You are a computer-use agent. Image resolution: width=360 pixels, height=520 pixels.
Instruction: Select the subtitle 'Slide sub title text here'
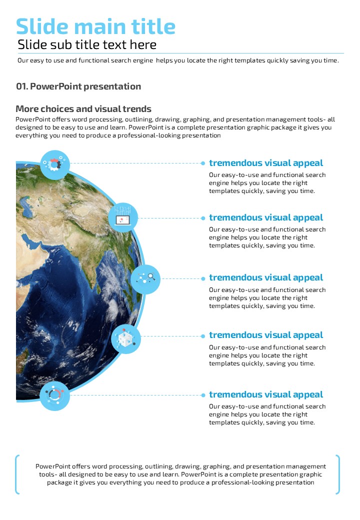tap(87, 45)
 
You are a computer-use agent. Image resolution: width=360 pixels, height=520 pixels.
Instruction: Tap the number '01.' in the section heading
tap(22, 86)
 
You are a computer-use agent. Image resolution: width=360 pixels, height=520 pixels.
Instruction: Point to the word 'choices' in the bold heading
tap(60, 109)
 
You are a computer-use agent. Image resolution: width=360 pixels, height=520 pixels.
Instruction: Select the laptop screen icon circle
tap(123, 218)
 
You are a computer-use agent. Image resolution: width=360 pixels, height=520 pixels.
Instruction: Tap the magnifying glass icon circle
tap(145, 279)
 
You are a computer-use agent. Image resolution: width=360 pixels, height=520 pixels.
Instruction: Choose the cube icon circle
tap(126, 338)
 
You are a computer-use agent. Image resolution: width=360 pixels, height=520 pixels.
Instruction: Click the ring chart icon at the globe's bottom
tap(54, 395)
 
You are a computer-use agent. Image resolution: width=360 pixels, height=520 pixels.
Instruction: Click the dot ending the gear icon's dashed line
tap(203, 163)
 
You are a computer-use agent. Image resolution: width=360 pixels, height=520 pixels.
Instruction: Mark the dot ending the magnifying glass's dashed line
tap(203, 278)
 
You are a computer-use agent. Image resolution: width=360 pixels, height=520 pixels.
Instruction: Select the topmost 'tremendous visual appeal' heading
tap(266, 163)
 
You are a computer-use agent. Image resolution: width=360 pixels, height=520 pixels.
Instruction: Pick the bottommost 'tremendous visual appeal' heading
tap(266, 394)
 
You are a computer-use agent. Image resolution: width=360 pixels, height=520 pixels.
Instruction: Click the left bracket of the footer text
tap(18, 474)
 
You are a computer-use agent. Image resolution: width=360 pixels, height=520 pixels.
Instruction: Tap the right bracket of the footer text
tap(338, 474)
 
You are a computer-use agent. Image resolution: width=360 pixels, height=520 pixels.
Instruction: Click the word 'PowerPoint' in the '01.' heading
tap(55, 86)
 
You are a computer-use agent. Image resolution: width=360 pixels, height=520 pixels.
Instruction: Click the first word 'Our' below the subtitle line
tap(23, 60)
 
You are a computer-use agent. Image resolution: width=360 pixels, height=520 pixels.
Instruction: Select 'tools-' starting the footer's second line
tap(48, 474)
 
